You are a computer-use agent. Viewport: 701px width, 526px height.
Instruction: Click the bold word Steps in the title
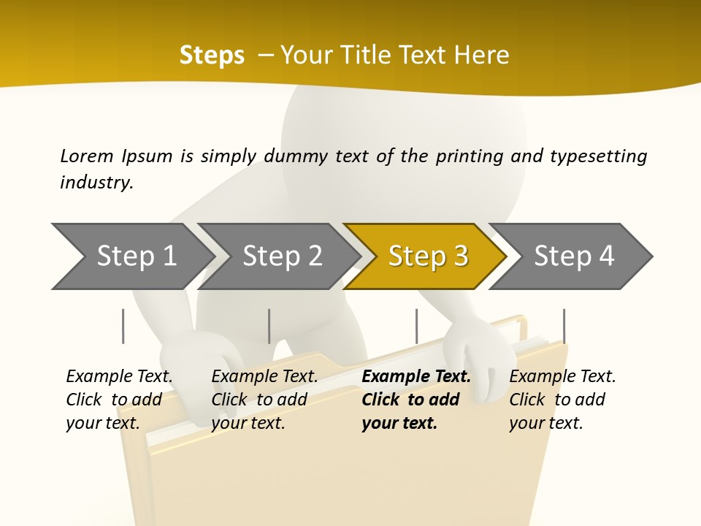pyautogui.click(x=212, y=55)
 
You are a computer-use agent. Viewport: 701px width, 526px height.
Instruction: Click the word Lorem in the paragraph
pyautogui.click(x=87, y=156)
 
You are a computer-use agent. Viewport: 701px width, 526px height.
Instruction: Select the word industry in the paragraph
pyautogui.click(x=96, y=182)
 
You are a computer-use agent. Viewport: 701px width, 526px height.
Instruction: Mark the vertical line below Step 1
pyautogui.click(x=123, y=326)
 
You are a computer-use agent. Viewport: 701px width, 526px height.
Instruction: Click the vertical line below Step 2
pyautogui.click(x=269, y=326)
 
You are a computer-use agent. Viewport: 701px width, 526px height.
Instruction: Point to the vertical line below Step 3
pyautogui.click(x=416, y=326)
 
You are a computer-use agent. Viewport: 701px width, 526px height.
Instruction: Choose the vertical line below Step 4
pyautogui.click(x=564, y=326)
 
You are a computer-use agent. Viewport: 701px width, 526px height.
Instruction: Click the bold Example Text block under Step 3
pyautogui.click(x=416, y=400)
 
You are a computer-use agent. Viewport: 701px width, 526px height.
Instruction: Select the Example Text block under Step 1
pyautogui.click(x=119, y=400)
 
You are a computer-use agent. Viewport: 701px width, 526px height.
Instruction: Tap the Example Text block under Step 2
pyautogui.click(x=264, y=400)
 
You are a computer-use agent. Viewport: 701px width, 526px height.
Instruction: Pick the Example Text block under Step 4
pyautogui.click(x=562, y=400)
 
